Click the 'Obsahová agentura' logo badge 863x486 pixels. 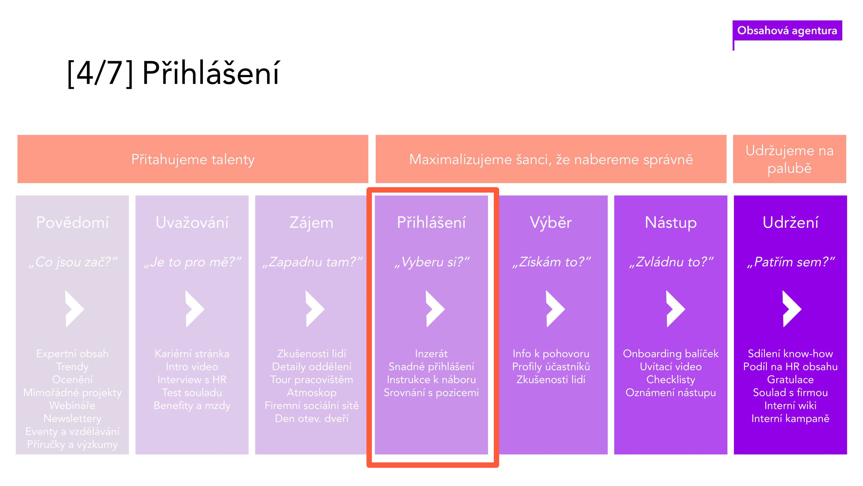coord(787,30)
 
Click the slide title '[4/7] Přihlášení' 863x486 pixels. coord(173,73)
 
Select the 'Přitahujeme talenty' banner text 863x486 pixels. coord(193,159)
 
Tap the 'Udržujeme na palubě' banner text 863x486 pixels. coord(789,159)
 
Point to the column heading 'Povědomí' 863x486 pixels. coord(72,222)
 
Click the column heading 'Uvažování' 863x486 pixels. coord(192,222)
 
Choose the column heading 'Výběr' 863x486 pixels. coord(551,222)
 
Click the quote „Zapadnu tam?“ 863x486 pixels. coord(312,262)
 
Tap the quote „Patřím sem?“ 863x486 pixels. coord(791,262)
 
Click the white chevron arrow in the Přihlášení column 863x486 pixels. coord(435,308)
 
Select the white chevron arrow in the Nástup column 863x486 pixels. coord(675,308)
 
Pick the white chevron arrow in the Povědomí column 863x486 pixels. coord(75,308)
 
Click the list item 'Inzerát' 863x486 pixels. coord(431,353)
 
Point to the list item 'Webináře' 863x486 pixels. coord(72,406)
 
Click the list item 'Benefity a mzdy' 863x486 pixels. coord(192,406)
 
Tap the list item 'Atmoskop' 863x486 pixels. coord(312,392)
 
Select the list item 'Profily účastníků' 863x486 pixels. coord(551,366)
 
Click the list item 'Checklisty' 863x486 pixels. coord(671,380)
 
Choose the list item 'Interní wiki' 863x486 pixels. coord(790,406)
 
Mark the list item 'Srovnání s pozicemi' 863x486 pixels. coord(431,392)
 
